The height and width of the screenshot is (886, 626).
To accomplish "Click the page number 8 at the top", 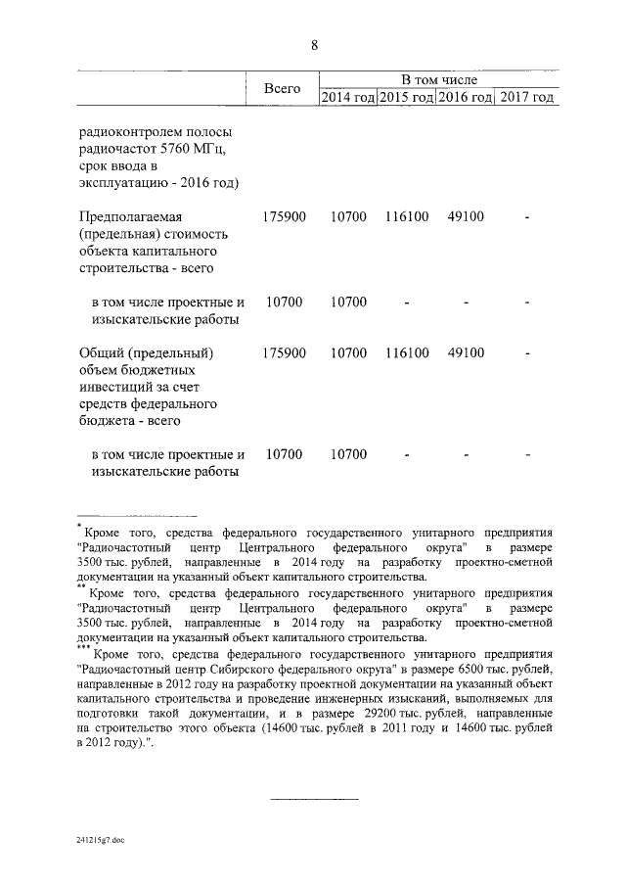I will click(313, 44).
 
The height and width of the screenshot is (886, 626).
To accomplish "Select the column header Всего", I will click(282, 88).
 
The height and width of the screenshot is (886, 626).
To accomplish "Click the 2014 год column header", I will click(348, 97).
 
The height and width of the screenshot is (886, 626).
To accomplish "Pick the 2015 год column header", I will click(406, 97).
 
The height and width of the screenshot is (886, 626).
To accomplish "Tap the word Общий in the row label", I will click(102, 352).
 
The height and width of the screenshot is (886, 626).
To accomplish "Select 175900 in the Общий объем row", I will click(285, 352).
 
